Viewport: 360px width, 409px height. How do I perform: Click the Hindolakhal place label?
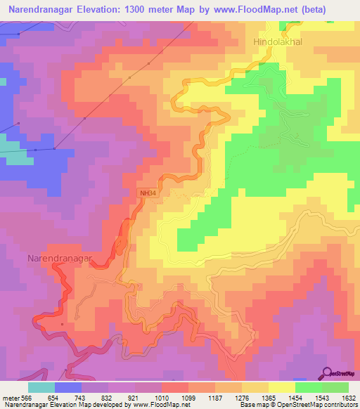coord(281,43)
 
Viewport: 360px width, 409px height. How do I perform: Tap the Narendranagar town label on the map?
coord(60,259)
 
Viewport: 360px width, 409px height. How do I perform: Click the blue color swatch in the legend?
coord(68,387)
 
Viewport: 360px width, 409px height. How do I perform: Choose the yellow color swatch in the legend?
coord(282,387)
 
